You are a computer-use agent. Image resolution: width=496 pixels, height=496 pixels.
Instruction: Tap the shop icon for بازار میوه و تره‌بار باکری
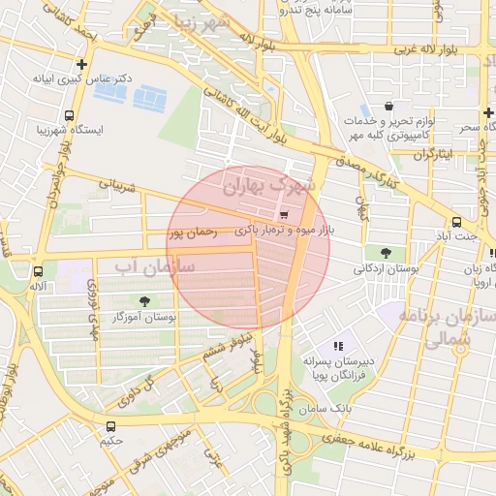[283, 215]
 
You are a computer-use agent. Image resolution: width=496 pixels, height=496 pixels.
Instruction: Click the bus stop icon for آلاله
[39, 272]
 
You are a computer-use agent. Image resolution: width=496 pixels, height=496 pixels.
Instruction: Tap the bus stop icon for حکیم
[109, 425]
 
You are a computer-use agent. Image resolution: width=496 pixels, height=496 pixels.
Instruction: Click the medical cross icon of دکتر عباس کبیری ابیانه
[82, 66]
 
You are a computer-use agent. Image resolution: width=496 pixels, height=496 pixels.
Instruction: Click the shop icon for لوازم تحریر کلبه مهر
[388, 107]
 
